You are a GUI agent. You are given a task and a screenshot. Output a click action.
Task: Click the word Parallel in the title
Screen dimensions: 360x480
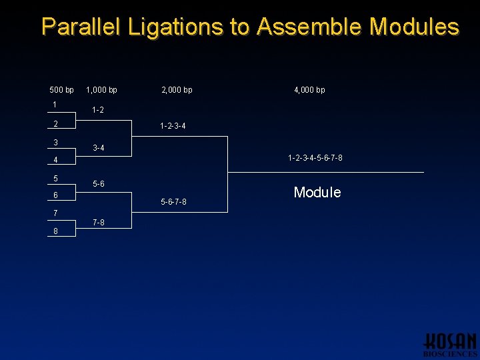point(81,27)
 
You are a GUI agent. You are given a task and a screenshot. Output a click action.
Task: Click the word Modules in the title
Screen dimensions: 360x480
point(414,27)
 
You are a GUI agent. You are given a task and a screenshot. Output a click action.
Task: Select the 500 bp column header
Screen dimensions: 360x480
point(62,90)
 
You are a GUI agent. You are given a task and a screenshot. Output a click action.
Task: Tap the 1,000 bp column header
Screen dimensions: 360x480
point(102,90)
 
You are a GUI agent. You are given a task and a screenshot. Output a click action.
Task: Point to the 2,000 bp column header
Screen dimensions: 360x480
point(177,90)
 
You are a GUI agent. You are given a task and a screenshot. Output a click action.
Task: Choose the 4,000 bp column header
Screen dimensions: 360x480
point(310,90)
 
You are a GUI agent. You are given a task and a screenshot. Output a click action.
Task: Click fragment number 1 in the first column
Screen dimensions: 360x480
point(55,105)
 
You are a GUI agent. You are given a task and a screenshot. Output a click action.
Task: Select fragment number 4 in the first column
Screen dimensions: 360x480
point(56,160)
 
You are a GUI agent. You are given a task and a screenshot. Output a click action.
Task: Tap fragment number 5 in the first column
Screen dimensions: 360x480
point(56,178)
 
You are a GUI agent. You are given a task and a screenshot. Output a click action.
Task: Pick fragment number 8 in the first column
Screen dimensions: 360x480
point(56,231)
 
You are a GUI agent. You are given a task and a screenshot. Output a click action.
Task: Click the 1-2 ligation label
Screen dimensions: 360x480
point(98,110)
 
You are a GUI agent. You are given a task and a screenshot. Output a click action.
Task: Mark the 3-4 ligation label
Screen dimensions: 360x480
point(98,148)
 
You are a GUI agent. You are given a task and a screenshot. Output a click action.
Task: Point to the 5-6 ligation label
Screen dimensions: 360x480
point(98,183)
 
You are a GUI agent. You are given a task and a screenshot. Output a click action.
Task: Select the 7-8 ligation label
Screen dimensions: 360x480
point(98,223)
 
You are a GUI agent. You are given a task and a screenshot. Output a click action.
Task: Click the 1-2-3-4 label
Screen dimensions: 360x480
point(173,126)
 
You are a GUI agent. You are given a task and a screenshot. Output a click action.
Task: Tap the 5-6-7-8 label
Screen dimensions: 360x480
point(173,202)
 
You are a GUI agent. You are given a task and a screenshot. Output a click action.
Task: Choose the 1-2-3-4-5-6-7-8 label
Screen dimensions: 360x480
point(315,158)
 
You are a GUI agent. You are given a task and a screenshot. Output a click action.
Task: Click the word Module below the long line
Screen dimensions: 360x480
point(317,193)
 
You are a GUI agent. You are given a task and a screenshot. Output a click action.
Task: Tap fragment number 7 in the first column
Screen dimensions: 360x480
point(56,213)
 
